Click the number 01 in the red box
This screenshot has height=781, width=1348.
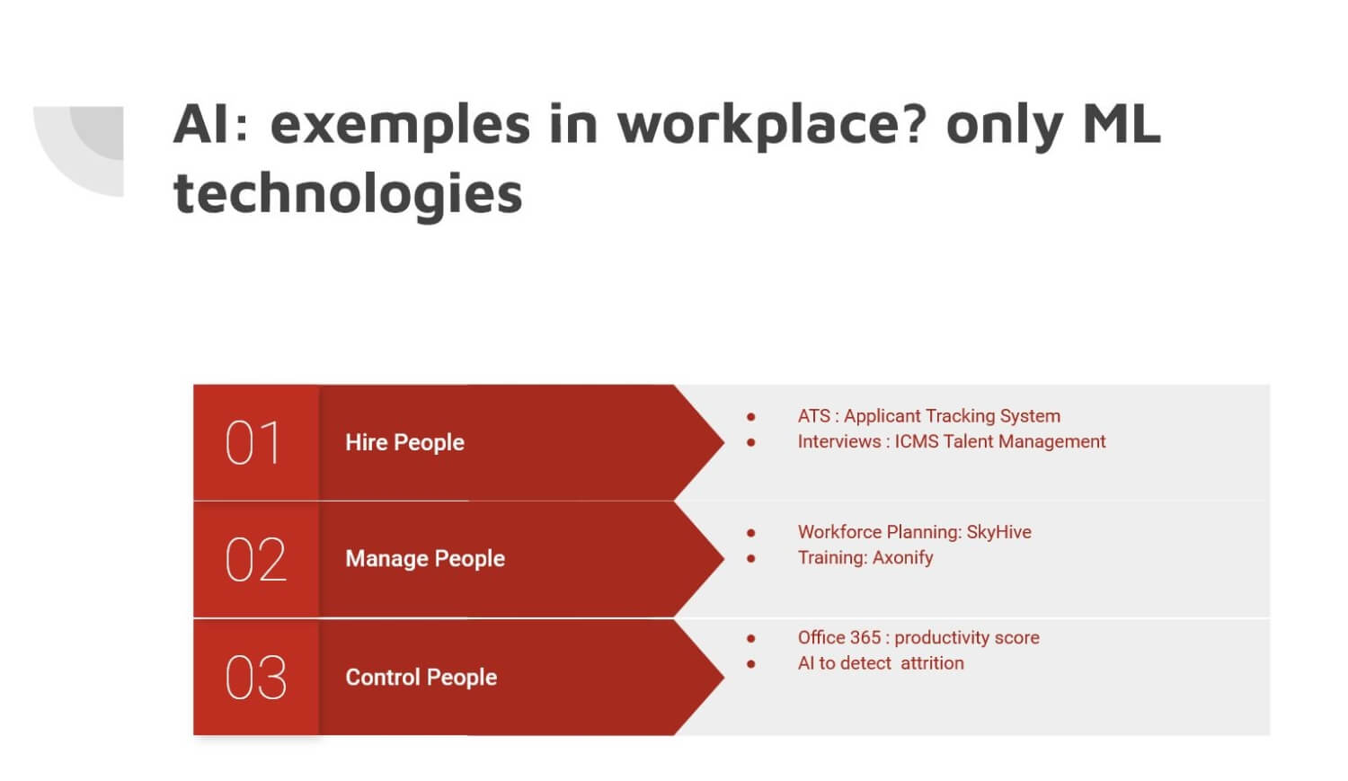253,443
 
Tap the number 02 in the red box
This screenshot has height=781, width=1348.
256,560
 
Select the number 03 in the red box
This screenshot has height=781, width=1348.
256,678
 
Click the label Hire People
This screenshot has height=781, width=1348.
405,443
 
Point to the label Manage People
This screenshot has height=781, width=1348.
425,559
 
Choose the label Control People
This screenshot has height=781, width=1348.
421,678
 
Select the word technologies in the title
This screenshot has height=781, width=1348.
348,194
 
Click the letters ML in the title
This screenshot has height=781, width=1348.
1122,123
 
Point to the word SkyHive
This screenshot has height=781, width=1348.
999,532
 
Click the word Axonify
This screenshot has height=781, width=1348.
902,558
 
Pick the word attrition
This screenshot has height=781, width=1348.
932,663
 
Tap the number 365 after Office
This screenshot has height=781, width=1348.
864,637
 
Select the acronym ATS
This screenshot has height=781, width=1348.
814,416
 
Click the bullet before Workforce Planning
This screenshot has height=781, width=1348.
751,532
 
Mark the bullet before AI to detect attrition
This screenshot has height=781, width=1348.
751,663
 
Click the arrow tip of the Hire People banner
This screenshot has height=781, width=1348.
724,442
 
